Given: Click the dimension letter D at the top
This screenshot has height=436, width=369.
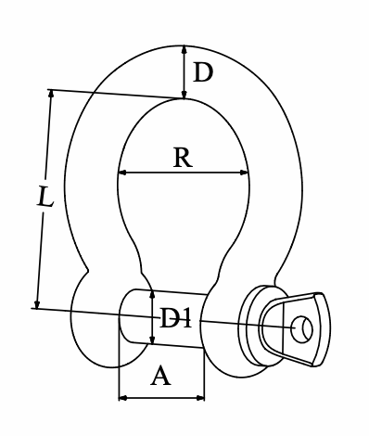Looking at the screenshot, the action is click(x=203, y=72).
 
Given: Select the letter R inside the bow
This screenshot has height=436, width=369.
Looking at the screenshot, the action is click(x=183, y=158).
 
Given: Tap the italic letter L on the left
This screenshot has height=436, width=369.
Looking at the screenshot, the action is click(x=45, y=197).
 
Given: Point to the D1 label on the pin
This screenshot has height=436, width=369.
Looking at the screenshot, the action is click(x=175, y=318).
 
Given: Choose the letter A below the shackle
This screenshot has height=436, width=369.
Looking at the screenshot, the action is click(x=160, y=375).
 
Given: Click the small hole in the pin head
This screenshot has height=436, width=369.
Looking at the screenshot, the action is click(x=302, y=329).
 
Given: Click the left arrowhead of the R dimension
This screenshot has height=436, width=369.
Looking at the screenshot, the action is click(x=122, y=173).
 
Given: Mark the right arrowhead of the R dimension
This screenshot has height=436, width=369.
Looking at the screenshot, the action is click(x=244, y=173).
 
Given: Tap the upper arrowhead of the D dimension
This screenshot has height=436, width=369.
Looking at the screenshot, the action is click(x=184, y=50).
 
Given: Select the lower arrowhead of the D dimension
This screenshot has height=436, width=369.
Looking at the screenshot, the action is click(x=184, y=95).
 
